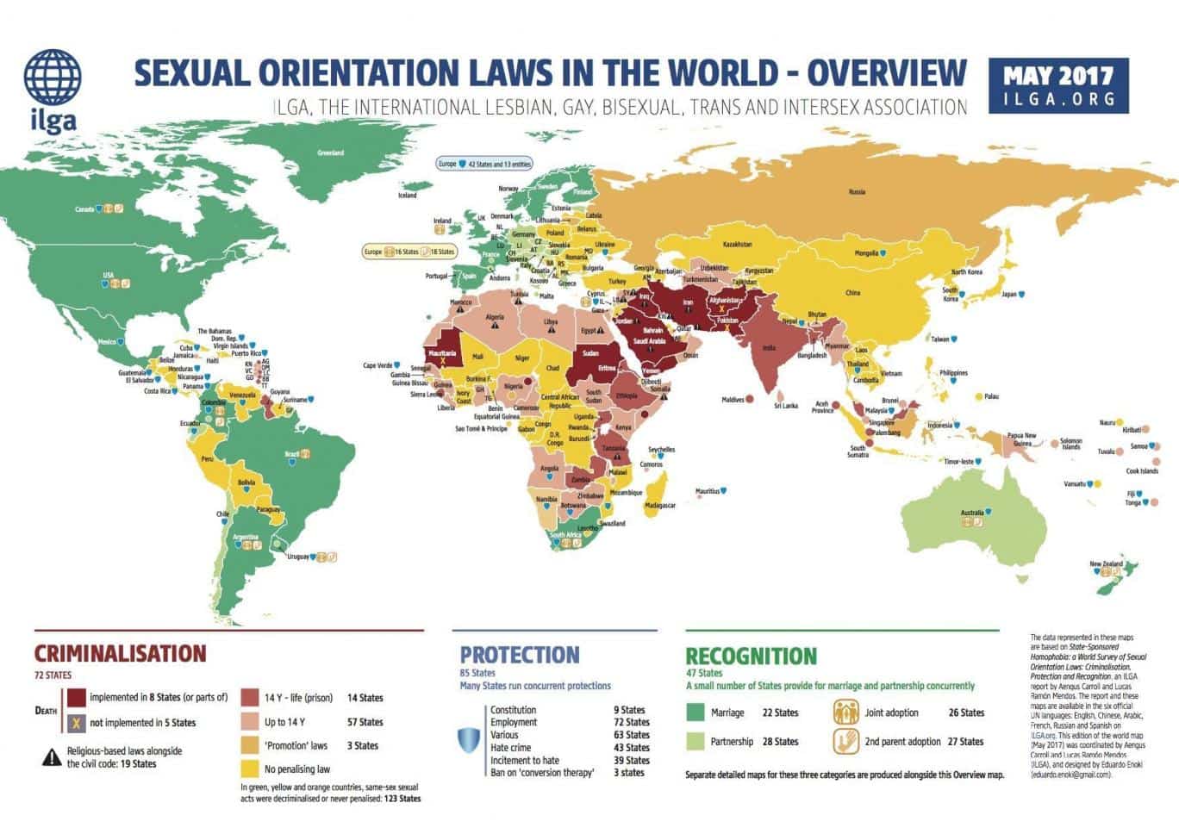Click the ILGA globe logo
[53, 78]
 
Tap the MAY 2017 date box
[1058, 85]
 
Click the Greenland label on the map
[330, 152]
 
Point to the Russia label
[857, 191]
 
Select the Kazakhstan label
[737, 245]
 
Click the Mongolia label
[865, 253]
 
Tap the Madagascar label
[660, 506]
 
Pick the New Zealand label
[1106, 564]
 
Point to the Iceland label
[407, 196]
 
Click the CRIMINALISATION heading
[120, 654]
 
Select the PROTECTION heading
[519, 655]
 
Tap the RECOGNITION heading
[751, 657]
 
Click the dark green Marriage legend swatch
[695, 713]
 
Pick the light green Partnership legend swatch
[695, 741]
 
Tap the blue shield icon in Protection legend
[469, 740]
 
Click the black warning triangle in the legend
[51, 757]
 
